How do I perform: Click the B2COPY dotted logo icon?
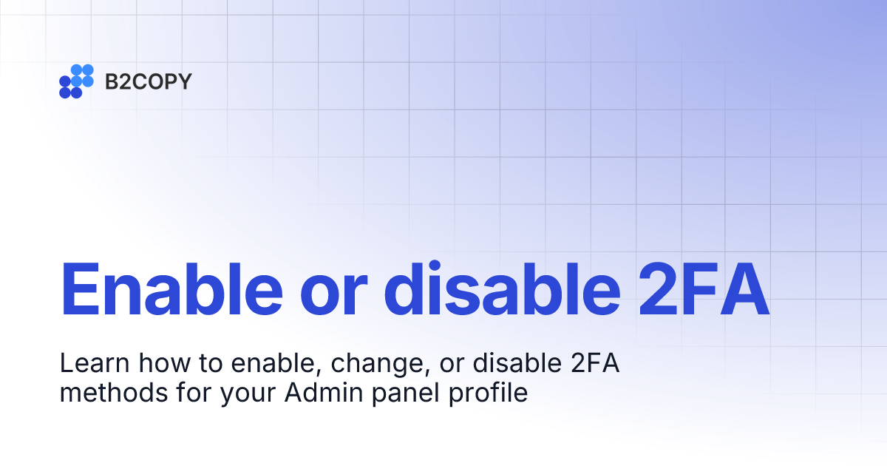(x=76, y=81)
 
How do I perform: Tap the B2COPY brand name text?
(x=148, y=81)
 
